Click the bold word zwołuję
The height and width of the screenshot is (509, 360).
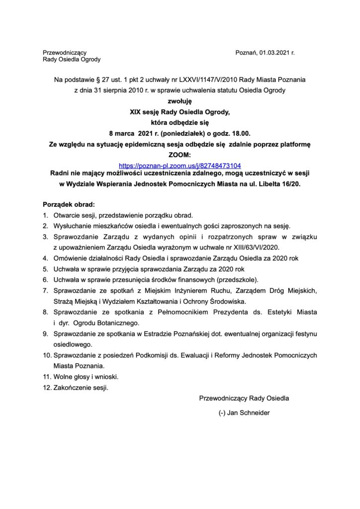[180, 101]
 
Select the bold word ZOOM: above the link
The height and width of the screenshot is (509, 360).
[180, 155]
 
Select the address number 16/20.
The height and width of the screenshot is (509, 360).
[304, 184]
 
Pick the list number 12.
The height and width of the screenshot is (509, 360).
[46, 387]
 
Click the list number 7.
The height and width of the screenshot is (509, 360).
[45, 290]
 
